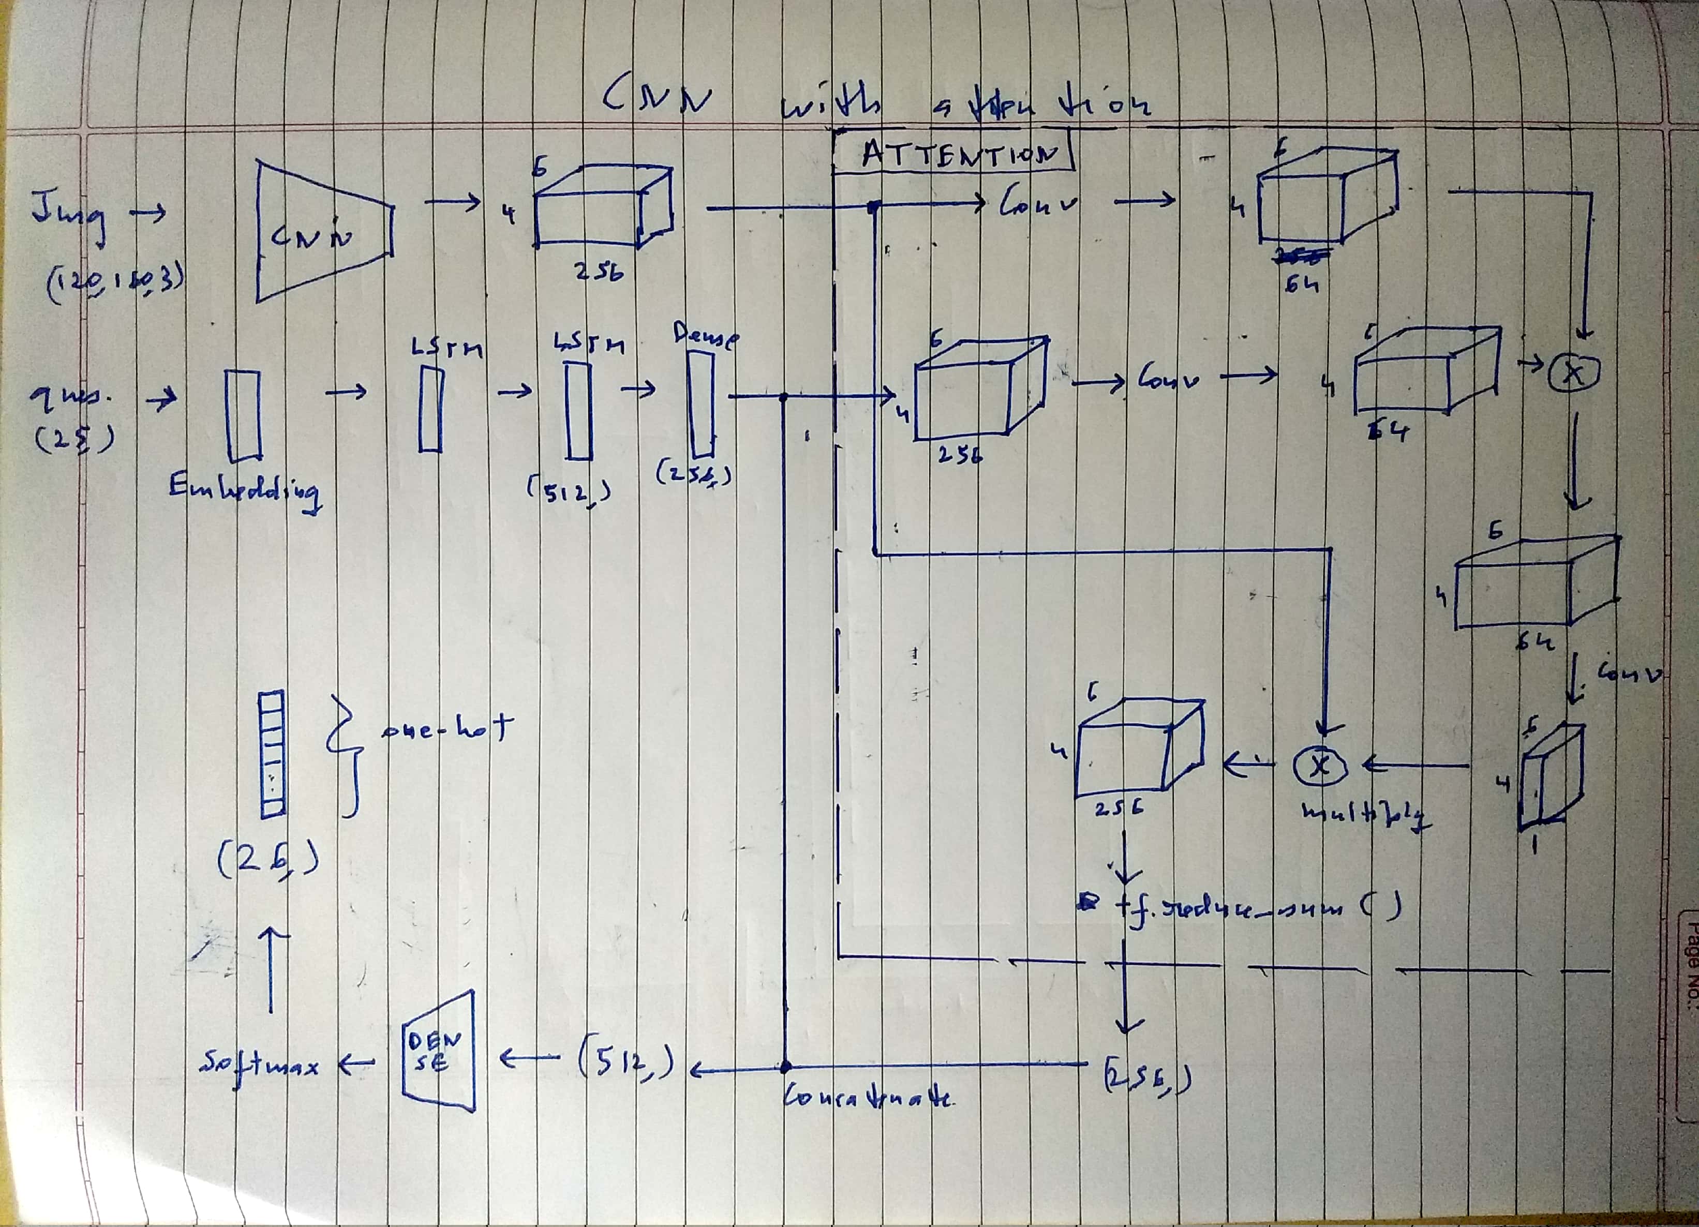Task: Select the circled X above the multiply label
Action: pyautogui.click(x=1320, y=765)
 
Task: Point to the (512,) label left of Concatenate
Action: pyautogui.click(x=625, y=1061)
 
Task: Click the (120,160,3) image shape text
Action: pyautogui.click(x=115, y=288)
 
